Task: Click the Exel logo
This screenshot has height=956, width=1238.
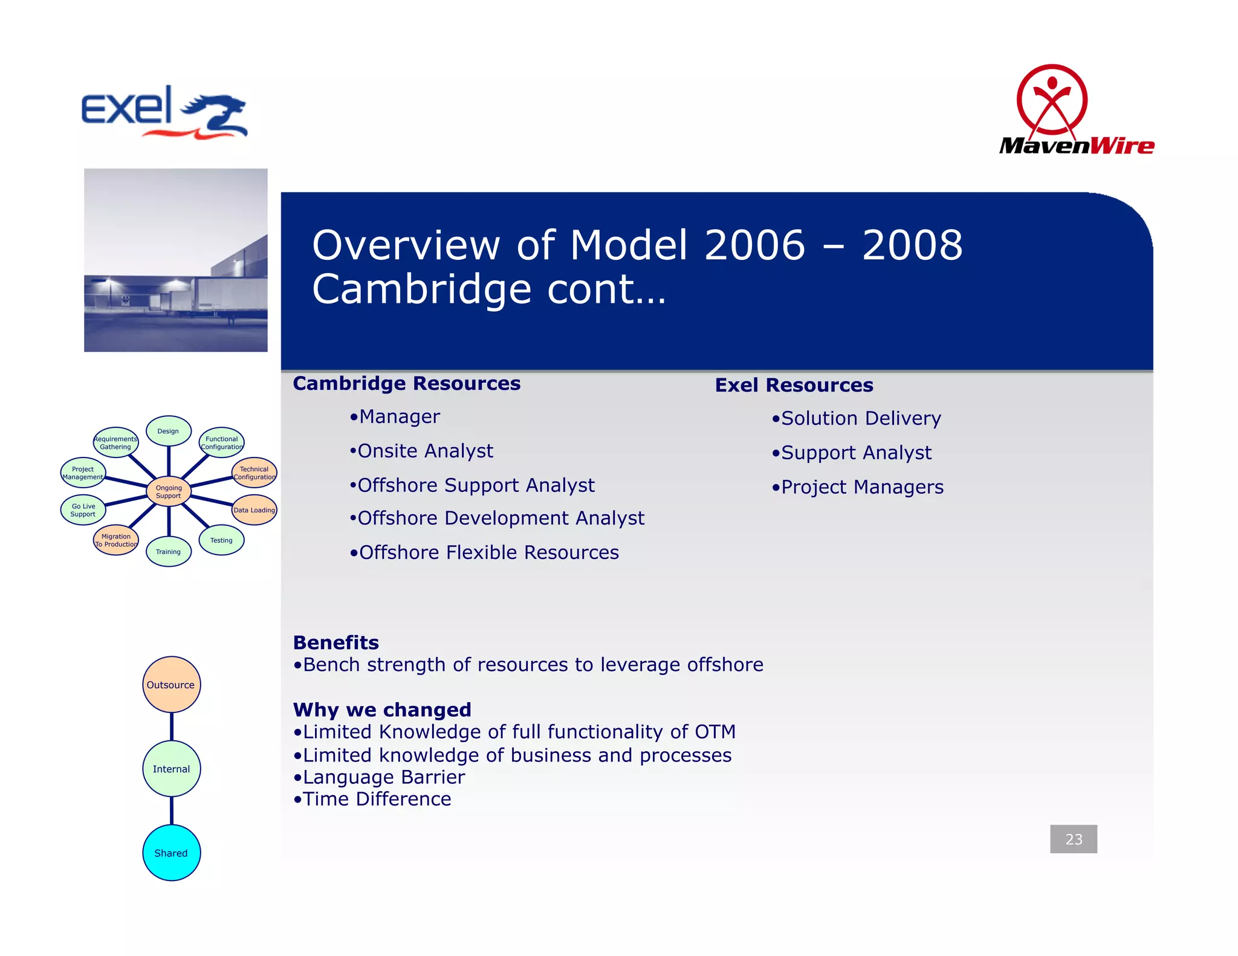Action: (x=164, y=112)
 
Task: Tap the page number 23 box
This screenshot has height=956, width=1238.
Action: (x=1073, y=839)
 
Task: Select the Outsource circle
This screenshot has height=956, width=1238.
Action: (x=171, y=685)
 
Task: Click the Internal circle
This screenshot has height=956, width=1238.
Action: (x=171, y=769)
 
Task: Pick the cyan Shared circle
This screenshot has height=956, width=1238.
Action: (x=171, y=853)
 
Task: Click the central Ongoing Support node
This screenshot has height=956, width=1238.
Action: (x=169, y=491)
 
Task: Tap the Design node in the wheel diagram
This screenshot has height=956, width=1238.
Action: (x=169, y=431)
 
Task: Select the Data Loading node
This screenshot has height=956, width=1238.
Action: (x=254, y=510)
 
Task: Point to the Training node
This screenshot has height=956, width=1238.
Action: (x=169, y=551)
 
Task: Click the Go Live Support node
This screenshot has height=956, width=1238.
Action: (x=83, y=510)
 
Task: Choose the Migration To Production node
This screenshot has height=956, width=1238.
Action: (x=116, y=540)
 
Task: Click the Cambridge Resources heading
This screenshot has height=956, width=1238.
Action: (x=406, y=384)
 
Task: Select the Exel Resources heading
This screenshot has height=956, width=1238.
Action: (x=794, y=386)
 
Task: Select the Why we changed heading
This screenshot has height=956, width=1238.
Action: (x=382, y=709)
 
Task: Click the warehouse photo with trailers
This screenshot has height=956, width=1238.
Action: (x=175, y=260)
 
